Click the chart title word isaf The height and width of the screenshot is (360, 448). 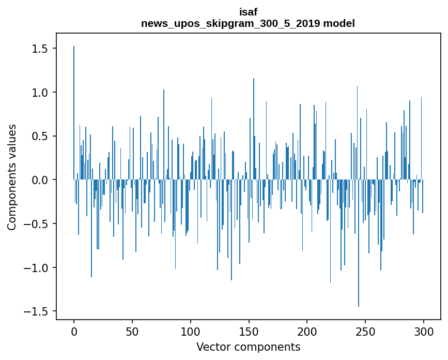[248, 12]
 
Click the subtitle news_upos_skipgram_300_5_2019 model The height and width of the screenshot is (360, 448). [248, 23]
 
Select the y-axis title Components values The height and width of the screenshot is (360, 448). [12, 177]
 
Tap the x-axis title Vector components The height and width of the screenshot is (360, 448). [248, 347]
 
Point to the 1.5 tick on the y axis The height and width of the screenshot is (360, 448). [40, 49]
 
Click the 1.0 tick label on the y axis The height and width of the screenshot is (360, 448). [40, 93]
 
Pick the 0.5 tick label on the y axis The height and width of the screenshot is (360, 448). [40, 137]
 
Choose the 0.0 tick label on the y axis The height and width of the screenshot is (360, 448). [40, 180]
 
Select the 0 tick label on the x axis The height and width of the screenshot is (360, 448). [74, 331]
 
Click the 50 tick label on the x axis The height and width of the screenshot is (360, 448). [132, 331]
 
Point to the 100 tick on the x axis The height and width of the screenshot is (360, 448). [191, 331]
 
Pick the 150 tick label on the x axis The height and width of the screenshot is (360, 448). [249, 331]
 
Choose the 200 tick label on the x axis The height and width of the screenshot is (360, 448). [307, 331]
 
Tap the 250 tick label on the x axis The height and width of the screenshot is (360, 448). [365, 331]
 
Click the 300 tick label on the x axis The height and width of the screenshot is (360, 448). [424, 331]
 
